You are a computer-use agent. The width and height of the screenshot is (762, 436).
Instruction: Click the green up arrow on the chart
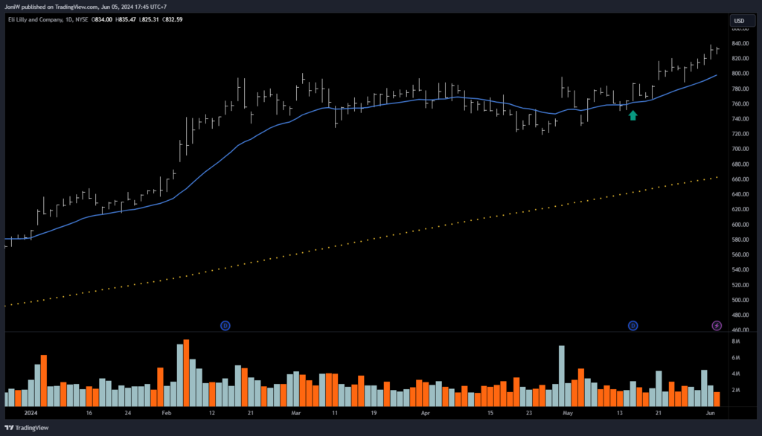(633, 115)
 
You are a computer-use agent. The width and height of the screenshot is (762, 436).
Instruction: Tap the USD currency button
(739, 20)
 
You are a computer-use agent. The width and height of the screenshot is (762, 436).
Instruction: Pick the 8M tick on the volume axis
(735, 342)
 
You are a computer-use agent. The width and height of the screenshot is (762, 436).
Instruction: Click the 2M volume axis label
(735, 390)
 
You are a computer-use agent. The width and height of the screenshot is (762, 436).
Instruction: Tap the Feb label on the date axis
(166, 411)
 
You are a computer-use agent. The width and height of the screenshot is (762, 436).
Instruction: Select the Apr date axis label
(426, 411)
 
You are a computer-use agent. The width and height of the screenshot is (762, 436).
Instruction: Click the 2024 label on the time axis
(31, 411)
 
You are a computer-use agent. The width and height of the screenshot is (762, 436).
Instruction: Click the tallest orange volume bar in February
(186, 372)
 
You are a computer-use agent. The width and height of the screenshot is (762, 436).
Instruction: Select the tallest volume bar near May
(561, 375)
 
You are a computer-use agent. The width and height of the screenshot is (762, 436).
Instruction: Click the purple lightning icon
(717, 325)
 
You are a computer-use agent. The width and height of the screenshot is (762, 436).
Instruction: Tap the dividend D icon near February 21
(225, 325)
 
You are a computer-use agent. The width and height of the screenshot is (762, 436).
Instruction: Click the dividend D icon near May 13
(633, 325)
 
